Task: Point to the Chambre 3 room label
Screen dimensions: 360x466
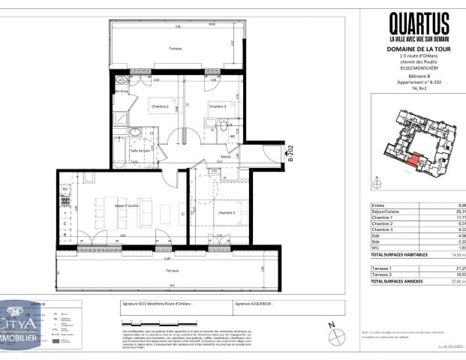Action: pos(217,106)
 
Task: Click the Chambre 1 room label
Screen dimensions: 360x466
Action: pos(226,212)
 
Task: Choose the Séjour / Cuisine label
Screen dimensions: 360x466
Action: pos(105,205)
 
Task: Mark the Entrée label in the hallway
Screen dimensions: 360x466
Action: pos(225,156)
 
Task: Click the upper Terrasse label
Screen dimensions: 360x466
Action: pos(175,49)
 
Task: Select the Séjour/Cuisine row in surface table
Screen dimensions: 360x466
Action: pos(391,211)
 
